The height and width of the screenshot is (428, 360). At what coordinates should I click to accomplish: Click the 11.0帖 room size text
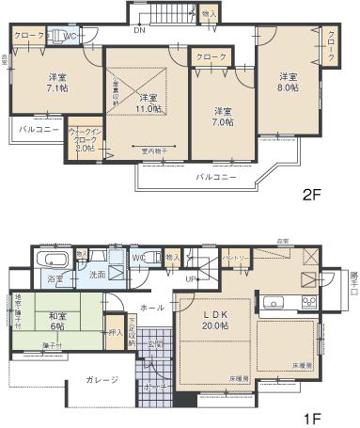coord(147,103)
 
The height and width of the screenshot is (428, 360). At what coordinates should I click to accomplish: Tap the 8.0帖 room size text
coord(288,81)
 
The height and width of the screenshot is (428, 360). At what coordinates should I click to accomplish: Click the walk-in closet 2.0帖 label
coord(82,141)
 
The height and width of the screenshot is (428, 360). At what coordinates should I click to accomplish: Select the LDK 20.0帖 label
coord(220,320)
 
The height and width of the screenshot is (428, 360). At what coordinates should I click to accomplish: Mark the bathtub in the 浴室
coord(50,261)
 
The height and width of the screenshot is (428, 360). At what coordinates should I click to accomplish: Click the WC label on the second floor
coord(69,37)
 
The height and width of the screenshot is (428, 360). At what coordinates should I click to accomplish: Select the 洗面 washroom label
coord(97,275)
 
